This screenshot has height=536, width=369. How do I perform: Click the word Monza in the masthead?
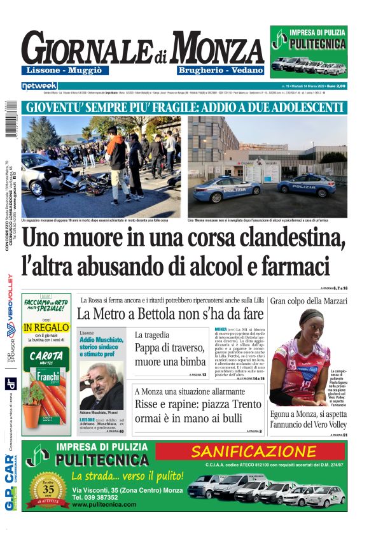coord(217,48)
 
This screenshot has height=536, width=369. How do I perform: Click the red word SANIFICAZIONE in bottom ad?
coord(254,451)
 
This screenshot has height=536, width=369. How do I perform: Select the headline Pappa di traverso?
coord(167,348)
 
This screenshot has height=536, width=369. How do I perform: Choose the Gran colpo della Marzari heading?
coord(309,300)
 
